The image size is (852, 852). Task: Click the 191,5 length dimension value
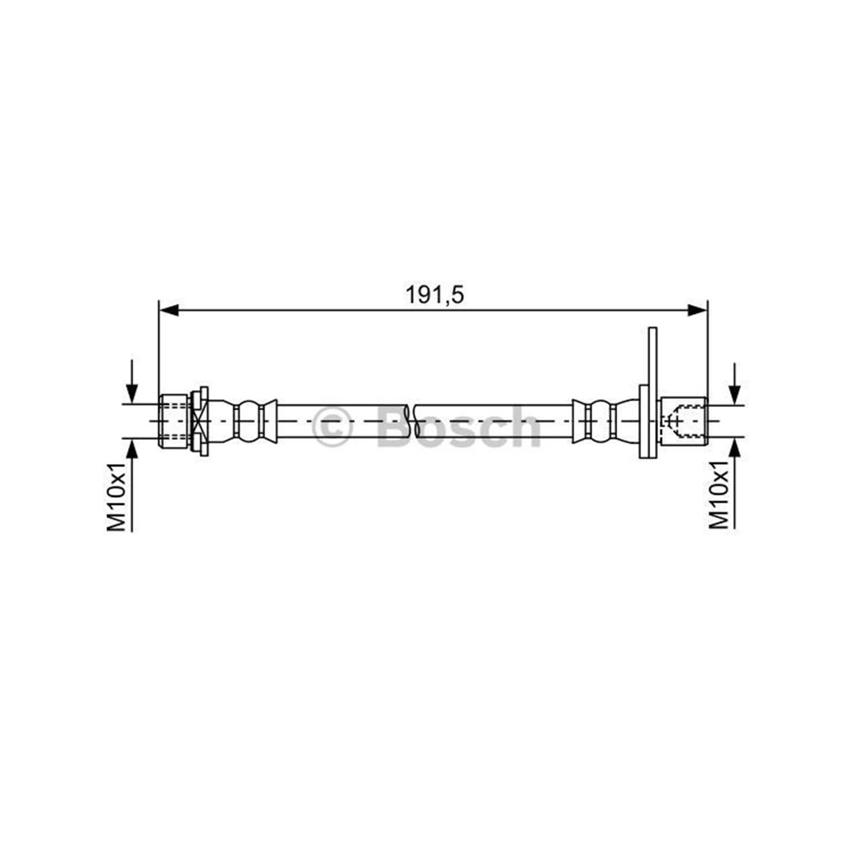pos(435,295)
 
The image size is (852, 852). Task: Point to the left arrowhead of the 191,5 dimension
pos(168,311)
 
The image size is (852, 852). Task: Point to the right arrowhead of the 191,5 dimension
pos(698,311)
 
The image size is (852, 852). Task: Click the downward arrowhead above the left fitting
pos(132,393)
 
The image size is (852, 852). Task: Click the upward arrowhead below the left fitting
pos(132,448)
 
